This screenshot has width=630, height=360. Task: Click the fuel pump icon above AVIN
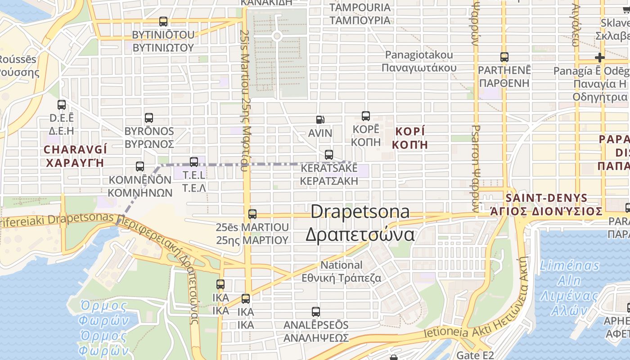[x=320, y=120]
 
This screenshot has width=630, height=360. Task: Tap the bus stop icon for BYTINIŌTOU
[x=163, y=22]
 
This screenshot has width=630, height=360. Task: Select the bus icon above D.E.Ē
[x=62, y=105]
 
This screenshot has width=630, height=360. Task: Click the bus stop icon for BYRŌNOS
[x=149, y=118]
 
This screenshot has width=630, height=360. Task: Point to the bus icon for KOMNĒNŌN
[x=140, y=166]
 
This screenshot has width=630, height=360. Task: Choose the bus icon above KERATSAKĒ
[x=329, y=155]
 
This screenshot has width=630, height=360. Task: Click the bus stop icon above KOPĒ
[x=366, y=116]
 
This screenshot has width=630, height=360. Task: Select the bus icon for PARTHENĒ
[x=504, y=57]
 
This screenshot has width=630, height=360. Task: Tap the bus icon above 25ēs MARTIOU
[x=252, y=214]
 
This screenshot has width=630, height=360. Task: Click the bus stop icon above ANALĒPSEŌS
[x=316, y=311]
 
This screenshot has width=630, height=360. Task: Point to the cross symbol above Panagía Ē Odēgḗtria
[x=599, y=58]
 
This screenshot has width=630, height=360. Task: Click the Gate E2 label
[x=475, y=355]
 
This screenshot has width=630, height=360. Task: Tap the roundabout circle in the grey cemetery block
[x=277, y=36]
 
